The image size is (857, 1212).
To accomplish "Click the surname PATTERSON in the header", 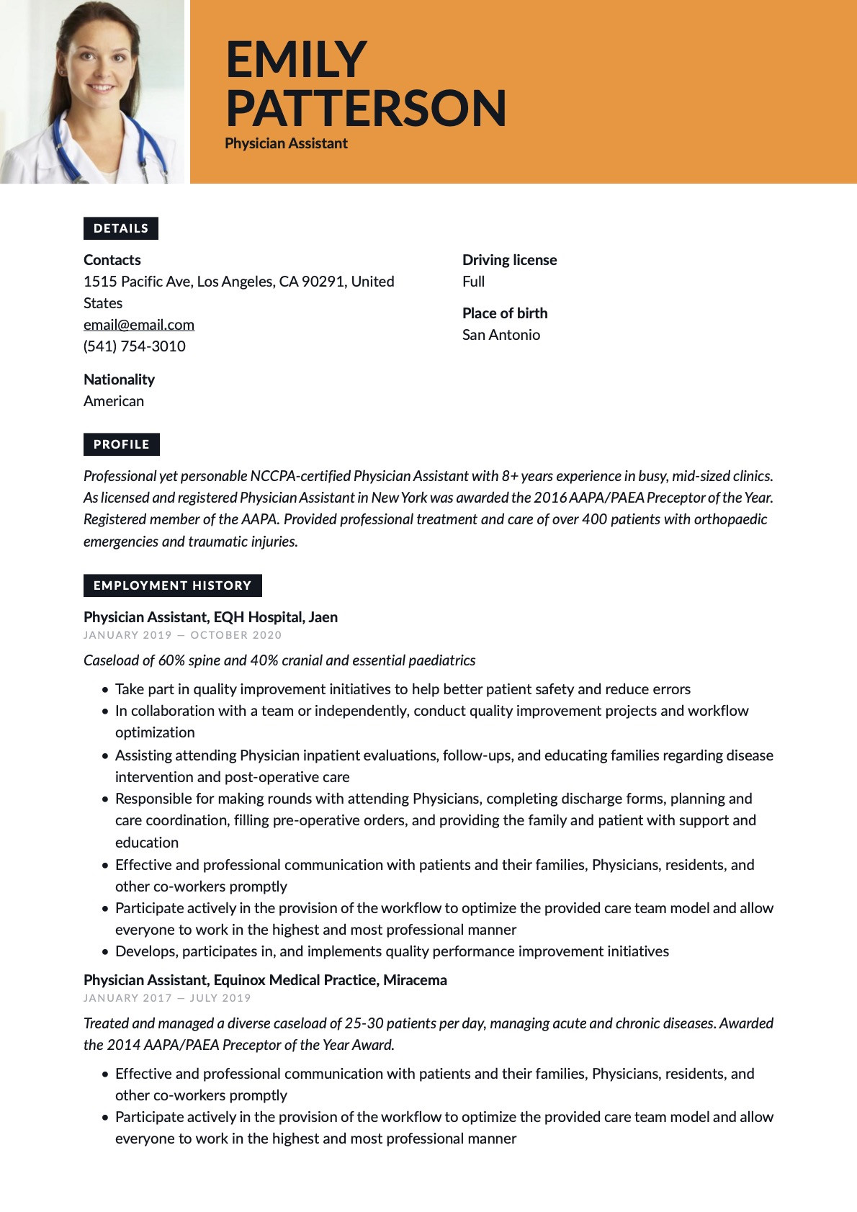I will pos(366,108).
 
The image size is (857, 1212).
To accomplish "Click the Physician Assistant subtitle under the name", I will pos(286,143).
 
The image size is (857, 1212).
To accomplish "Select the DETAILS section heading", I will pos(121,228).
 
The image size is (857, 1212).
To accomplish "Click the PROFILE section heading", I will pos(122,444).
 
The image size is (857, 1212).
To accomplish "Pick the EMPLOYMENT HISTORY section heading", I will pos(172,585).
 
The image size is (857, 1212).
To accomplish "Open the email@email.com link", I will pos(139,325).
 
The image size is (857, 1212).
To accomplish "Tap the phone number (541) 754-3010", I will pos(135,346).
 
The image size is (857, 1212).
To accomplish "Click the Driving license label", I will pos(509,260).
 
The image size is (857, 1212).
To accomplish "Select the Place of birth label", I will pos(505,313).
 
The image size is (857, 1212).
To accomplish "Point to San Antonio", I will pos(501,335).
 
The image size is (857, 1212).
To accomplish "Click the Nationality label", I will pos(119,380).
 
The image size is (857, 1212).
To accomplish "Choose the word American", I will pos(114,401).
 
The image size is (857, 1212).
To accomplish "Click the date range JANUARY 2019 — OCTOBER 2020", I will pos(182,635).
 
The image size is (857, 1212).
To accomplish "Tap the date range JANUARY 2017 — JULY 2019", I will pos(167,998).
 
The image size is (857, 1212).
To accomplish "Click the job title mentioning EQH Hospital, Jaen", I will pos(210,617).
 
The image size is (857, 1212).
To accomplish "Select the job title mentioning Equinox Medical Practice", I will pos(265,980).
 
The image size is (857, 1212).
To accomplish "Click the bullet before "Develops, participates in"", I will pos(105,952).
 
